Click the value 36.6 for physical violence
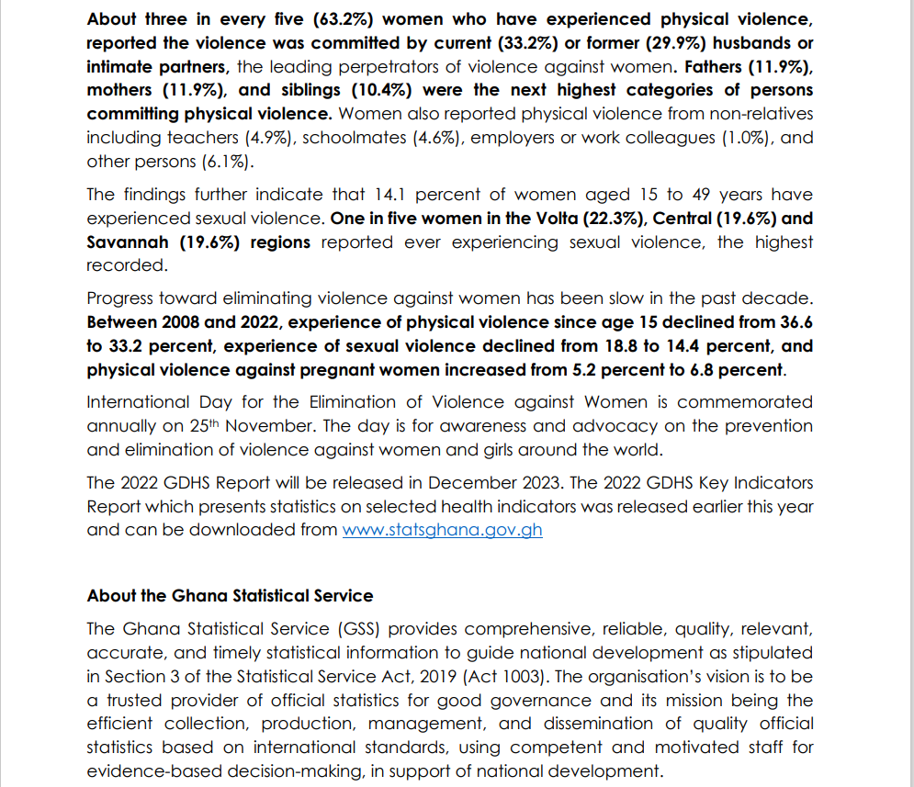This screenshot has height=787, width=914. pyautogui.click(x=795, y=322)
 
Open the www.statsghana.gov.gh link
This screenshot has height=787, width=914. pyautogui.click(x=442, y=531)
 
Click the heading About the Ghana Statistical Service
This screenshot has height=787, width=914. pyautogui.click(x=230, y=596)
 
